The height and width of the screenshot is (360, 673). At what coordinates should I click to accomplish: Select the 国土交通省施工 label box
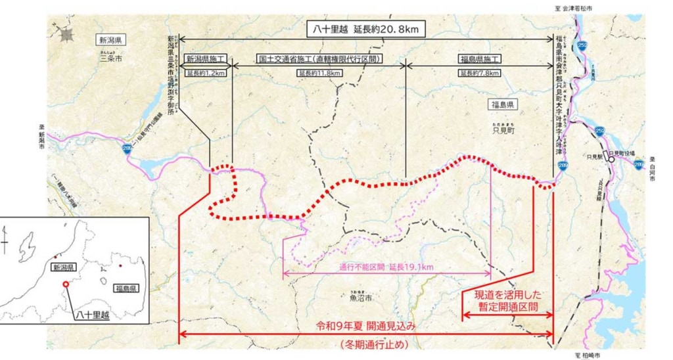pyautogui.click(x=321, y=58)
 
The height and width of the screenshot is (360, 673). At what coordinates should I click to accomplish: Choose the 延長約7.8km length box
pyautogui.click(x=480, y=72)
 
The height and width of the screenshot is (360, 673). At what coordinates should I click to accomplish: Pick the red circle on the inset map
pyautogui.click(x=65, y=284)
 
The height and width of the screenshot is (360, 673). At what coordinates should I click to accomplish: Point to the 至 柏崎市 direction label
pyautogui.click(x=591, y=355)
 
